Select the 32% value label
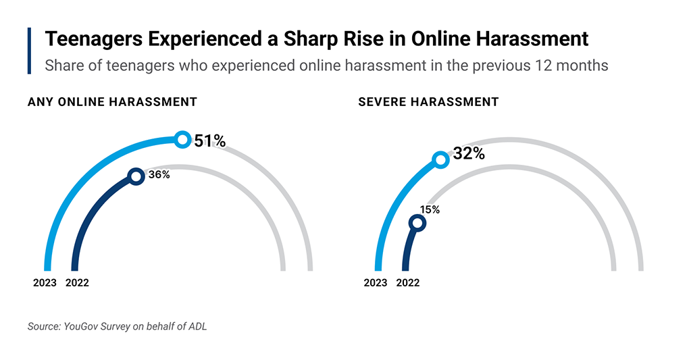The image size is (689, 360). click(469, 153)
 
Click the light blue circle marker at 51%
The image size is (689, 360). click(182, 140)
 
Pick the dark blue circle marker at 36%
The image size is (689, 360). click(136, 176)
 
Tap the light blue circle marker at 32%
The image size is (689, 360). click(440, 159)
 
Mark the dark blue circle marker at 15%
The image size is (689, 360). click(418, 223)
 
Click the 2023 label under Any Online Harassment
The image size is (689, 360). click(45, 283)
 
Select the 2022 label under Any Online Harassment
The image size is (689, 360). click(77, 283)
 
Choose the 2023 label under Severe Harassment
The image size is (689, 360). click(376, 283)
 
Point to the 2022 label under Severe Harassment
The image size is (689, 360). click(408, 283)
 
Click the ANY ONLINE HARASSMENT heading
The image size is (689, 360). click(112, 102)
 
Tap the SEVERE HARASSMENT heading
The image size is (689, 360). click(428, 102)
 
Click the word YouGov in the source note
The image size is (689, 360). click(82, 326)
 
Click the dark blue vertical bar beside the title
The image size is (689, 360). click(30, 51)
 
